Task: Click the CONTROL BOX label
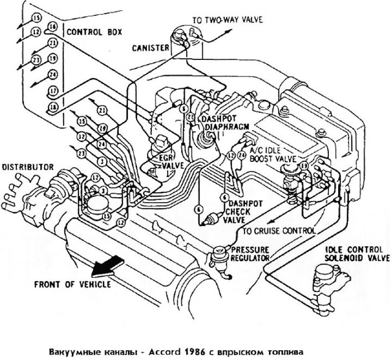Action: (94, 32)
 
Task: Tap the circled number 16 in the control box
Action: (53, 26)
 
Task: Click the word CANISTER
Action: (150, 48)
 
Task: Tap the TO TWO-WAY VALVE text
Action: (227, 20)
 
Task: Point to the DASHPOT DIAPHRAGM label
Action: (219, 122)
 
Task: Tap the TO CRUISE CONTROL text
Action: (279, 230)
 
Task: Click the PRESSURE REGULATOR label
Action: (249, 253)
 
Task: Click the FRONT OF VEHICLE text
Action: (72, 284)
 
